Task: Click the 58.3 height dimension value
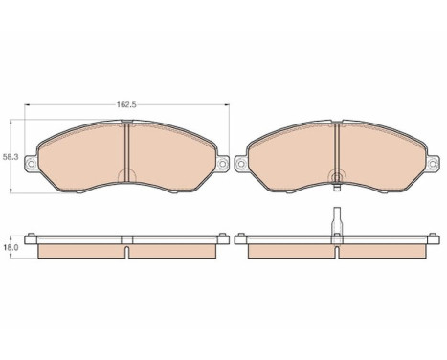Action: pos(11,157)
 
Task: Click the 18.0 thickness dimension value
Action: pos(11,247)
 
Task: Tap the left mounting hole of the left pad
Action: pos(32,164)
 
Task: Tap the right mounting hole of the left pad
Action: pos(222,164)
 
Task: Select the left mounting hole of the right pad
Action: pos(241,164)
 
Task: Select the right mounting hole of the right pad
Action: pos(433,164)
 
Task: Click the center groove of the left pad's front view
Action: pos(127,152)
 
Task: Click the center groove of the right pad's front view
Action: pos(337,150)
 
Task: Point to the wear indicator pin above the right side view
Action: pos(337,221)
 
